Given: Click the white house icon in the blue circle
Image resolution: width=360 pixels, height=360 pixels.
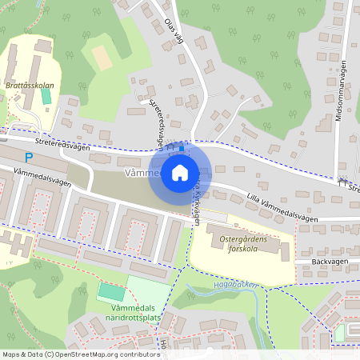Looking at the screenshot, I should (180, 172).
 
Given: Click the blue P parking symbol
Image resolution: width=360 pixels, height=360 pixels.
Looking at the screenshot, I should (29, 158).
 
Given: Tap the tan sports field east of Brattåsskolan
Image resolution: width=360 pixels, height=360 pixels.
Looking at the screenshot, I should (102, 57).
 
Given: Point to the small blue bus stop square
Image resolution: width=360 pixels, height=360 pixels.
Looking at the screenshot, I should (182, 146).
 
